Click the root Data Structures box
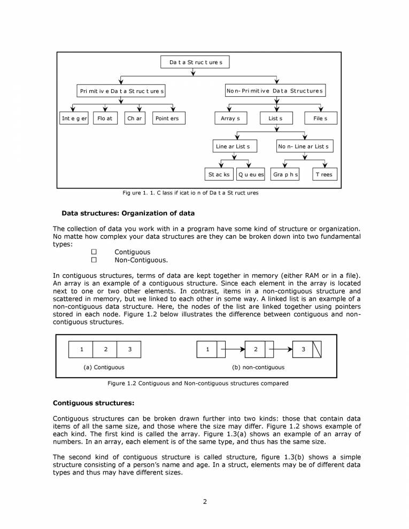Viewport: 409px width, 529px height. tap(195, 63)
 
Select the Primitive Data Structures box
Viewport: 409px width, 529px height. tap(122, 91)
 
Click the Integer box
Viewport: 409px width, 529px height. tap(73, 118)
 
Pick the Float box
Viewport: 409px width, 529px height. tap(105, 118)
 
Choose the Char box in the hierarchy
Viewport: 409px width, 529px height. tap(135, 118)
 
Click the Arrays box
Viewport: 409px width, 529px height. tap(230, 118)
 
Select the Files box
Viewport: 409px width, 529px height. tap(321, 118)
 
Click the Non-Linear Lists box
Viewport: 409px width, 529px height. tap(304, 146)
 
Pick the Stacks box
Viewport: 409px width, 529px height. tap(219, 174)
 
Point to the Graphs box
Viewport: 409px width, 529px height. tap(285, 174)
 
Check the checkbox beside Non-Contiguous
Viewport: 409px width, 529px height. tap(94, 260)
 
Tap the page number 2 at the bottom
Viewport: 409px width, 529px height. tap(205, 501)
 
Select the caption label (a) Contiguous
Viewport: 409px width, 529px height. tap(104, 367)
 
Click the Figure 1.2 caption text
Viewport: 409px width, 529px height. tap(198, 383)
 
